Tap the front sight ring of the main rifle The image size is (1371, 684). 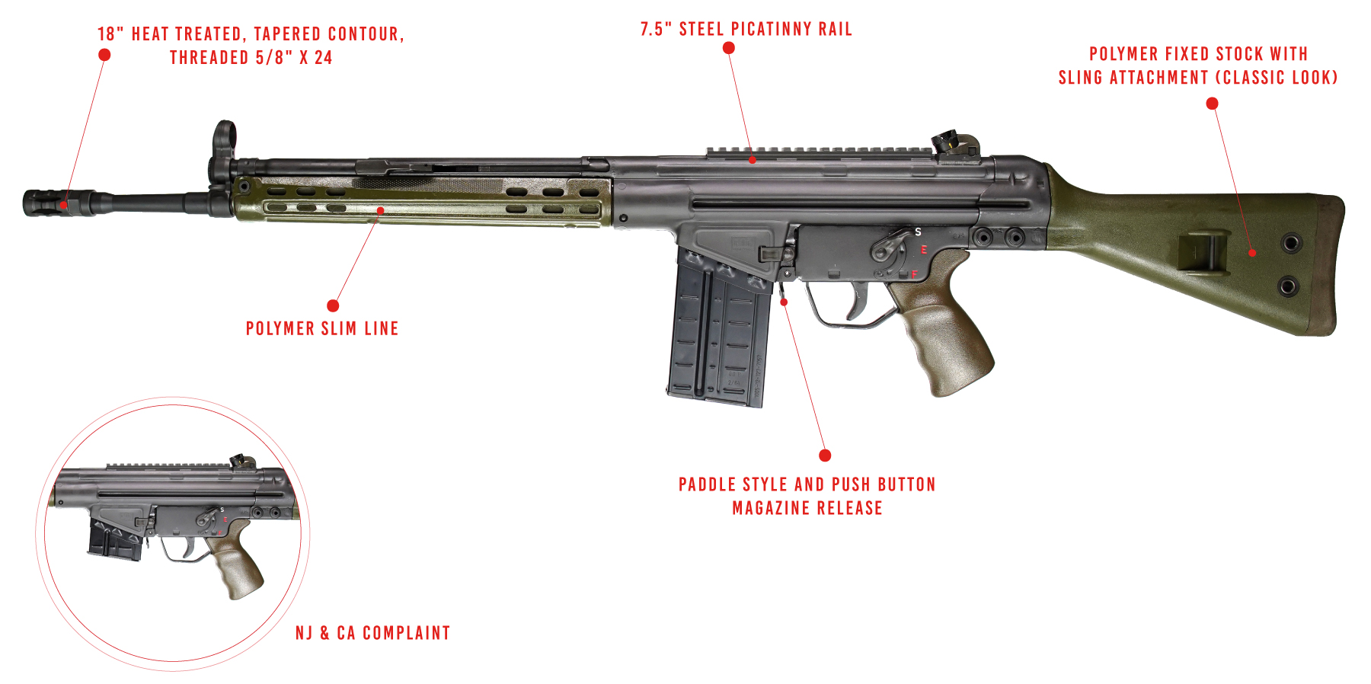223,135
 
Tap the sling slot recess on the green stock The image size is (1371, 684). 1203,254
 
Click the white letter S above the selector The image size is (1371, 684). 918,232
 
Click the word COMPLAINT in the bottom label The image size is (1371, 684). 406,633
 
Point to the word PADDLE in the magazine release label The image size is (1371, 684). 708,484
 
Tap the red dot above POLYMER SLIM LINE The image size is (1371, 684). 333,305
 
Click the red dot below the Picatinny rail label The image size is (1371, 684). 729,48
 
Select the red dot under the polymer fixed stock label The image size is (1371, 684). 1213,104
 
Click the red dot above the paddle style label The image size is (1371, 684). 825,455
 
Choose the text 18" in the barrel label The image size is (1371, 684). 110,34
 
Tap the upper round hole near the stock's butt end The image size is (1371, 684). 1291,244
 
